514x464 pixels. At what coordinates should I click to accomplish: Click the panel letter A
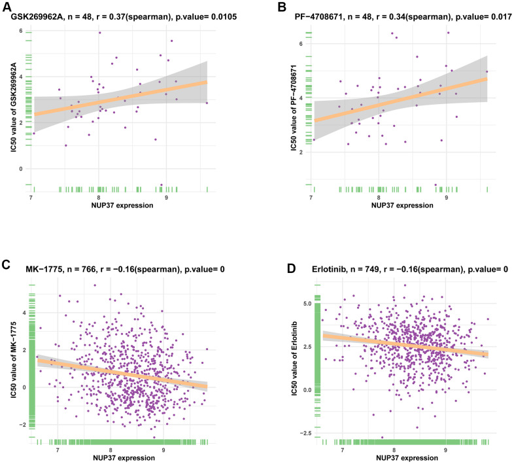tap(7, 7)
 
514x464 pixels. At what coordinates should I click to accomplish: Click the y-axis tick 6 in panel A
tap(21, 31)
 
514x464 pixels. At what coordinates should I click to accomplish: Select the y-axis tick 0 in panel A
tap(21, 169)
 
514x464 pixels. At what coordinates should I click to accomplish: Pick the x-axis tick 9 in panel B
tap(447, 198)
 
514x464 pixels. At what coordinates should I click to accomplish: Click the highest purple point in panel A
tap(99, 33)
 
